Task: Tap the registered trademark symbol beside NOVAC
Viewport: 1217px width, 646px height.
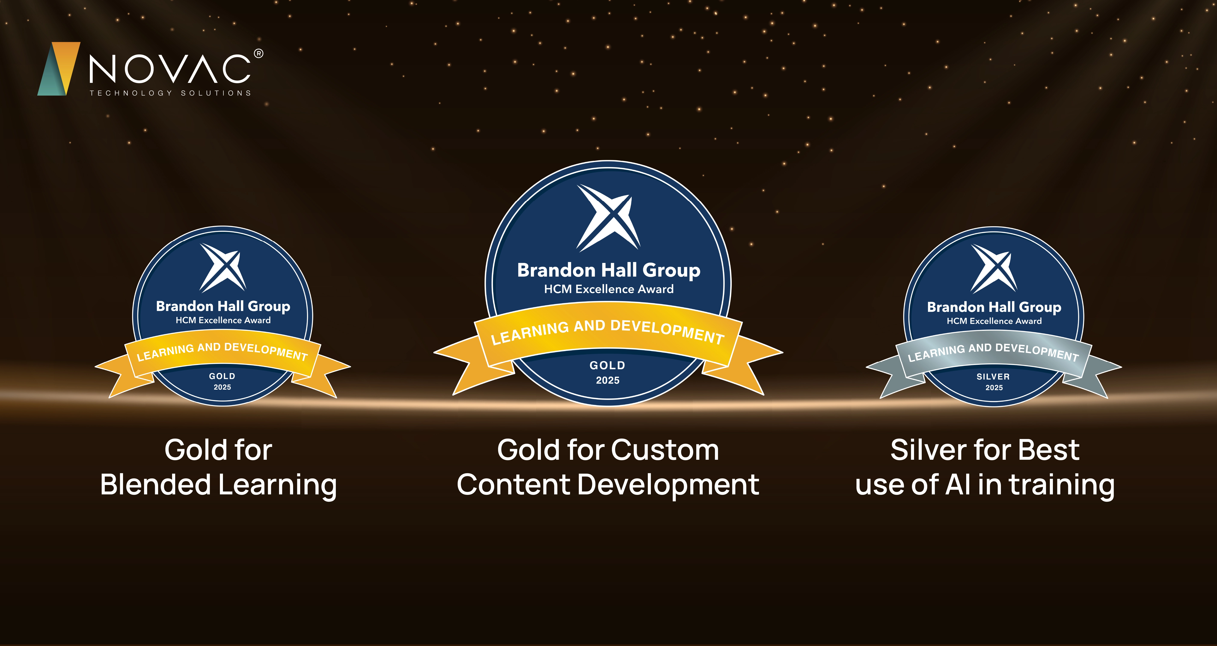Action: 258,54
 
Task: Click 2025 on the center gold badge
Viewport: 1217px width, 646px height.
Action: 608,380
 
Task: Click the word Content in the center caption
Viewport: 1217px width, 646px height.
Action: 514,485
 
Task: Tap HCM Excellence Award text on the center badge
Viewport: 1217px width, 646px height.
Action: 608,289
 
